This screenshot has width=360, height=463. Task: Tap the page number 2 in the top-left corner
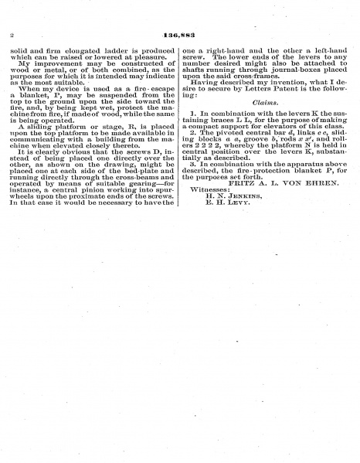click(13, 36)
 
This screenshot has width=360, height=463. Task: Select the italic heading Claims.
click(264, 102)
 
